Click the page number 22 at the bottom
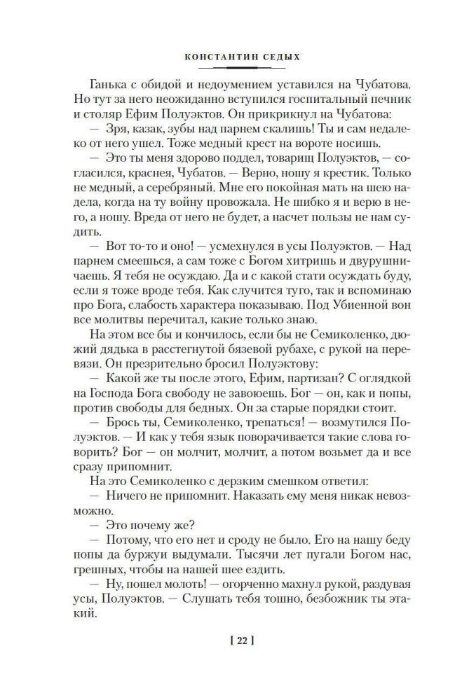(x=231, y=640)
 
